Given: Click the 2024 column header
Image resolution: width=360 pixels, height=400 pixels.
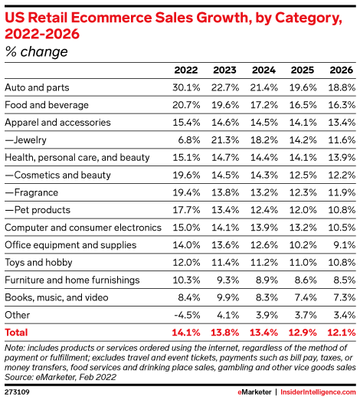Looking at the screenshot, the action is tap(263, 70).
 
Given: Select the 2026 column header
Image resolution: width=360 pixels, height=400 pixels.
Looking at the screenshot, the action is tap(342, 70).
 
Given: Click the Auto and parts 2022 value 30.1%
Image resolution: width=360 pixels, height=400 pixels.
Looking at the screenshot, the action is tap(186, 87).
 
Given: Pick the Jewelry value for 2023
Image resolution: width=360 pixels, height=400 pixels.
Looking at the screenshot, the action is tap(225, 140).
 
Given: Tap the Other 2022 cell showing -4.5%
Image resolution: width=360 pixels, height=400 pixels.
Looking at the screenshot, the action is tap(187, 315).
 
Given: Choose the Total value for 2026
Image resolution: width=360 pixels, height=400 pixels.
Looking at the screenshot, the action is tap(342, 333).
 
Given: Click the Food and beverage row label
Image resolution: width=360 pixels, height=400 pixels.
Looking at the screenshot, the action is tap(47, 105).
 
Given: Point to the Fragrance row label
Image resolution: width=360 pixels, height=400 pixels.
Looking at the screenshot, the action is tap(31, 192).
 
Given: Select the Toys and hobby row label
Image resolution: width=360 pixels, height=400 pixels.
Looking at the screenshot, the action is tap(38, 263).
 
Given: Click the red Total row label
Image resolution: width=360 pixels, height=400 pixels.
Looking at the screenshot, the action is tap(16, 333).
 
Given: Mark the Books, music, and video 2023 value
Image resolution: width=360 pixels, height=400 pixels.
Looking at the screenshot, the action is tap(228, 297).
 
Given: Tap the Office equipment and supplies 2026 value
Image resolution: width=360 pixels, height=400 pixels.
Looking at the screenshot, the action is tap(345, 245).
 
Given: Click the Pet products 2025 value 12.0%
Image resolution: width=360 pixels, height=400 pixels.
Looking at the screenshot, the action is tap(303, 210).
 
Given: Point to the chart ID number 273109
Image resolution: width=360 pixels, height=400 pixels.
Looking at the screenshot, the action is tap(17, 392).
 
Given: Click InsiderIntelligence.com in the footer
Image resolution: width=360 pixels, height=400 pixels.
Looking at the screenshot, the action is tap(318, 392).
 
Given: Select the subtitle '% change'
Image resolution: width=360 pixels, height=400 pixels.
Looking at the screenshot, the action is tap(37, 51).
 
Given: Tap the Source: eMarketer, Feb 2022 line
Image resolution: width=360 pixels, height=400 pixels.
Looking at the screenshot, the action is tap(61, 377).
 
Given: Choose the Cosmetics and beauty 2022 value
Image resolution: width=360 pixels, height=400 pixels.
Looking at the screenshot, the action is tap(186, 175).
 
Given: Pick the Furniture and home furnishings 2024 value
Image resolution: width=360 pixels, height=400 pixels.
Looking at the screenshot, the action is tap(267, 280).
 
